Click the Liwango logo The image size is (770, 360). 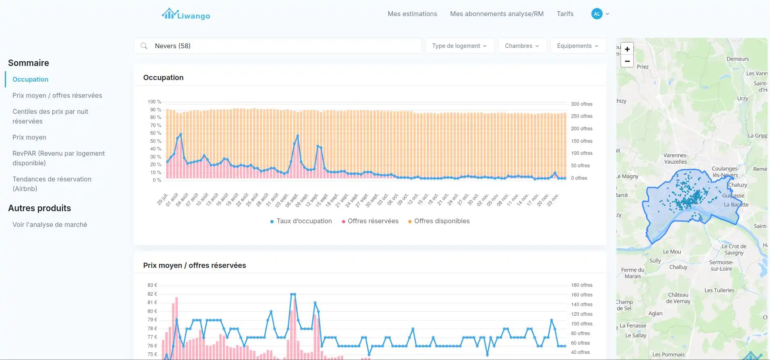point(186,14)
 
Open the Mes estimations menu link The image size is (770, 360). point(412,14)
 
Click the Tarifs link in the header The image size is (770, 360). point(565,14)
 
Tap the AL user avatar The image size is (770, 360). point(597,14)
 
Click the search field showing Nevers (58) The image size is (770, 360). point(278,46)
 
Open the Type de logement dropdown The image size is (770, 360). point(459,46)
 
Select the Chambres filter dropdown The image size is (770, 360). point(522,46)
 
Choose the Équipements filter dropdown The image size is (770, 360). point(577,46)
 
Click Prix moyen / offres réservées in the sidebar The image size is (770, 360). point(57,95)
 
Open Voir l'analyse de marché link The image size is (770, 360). point(50,224)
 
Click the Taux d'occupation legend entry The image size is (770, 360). point(301,221)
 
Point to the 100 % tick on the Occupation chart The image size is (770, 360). point(154,102)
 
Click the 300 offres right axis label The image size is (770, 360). point(581,104)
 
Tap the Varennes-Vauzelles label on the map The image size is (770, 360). point(675,158)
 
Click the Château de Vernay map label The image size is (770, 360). point(678,298)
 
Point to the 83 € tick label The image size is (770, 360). point(152,285)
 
